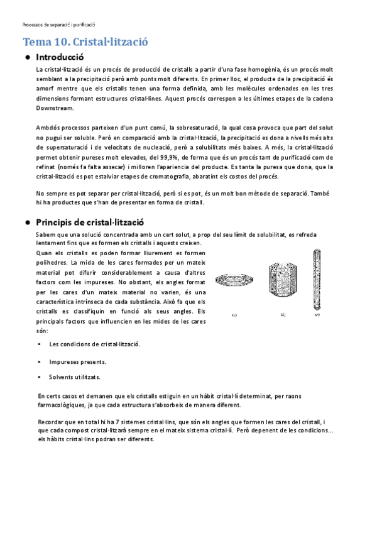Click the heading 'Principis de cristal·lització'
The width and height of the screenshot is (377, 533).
pyautogui.click(x=90, y=223)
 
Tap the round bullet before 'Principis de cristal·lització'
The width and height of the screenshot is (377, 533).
pyautogui.click(x=28, y=223)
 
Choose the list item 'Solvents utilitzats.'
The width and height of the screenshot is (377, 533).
pyautogui.click(x=75, y=377)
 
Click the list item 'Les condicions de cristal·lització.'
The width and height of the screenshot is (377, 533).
pyautogui.click(x=94, y=344)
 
